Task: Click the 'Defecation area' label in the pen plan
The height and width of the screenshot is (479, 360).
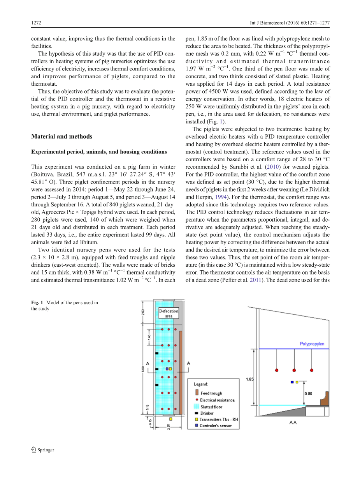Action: click(x=169, y=313)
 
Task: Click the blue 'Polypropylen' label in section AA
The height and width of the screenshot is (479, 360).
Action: click(x=312, y=344)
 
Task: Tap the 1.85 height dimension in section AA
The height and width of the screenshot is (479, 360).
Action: click(x=249, y=379)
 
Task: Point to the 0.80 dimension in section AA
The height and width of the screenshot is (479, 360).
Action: click(x=308, y=393)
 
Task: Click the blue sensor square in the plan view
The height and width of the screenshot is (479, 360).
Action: click(x=167, y=369)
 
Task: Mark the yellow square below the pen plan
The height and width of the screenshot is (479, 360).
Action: click(x=170, y=419)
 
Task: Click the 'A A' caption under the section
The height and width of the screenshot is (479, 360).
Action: click(x=293, y=423)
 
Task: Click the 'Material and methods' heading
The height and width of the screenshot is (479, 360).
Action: click(x=61, y=136)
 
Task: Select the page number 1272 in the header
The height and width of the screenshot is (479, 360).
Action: click(x=36, y=23)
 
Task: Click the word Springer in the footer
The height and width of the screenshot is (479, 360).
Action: click(x=46, y=450)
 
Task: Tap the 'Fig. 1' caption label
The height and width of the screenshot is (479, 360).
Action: click(x=37, y=303)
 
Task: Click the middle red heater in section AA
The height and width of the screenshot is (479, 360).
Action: click(x=294, y=370)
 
